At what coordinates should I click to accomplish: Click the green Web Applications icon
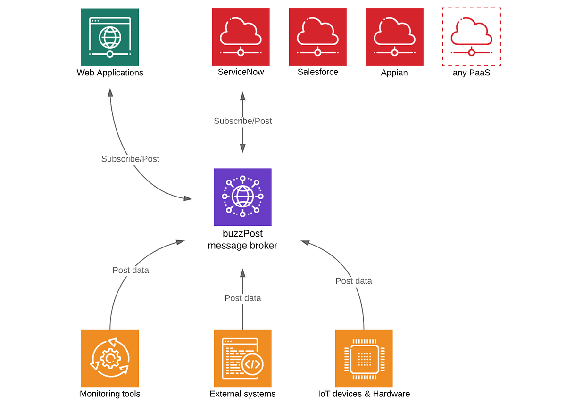point(110,38)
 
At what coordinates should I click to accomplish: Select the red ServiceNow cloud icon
point(241,37)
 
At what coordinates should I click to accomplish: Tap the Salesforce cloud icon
point(317,37)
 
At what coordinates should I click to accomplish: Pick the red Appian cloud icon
point(394,37)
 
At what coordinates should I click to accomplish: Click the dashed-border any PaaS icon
point(471,37)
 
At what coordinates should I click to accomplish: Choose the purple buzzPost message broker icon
point(242,197)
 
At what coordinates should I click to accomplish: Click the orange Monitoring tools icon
point(110,359)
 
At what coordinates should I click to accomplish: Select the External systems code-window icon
point(242,359)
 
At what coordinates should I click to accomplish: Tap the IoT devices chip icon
point(364,359)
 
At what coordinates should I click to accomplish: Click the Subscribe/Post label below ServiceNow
point(242,121)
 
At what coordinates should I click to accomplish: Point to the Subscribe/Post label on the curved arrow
point(130,159)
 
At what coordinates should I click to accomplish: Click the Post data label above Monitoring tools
point(131,270)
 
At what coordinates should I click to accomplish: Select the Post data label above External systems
point(242,298)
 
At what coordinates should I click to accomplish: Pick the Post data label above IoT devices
point(354,281)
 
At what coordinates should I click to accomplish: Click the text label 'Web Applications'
point(110,73)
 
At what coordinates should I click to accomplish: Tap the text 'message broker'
point(242,246)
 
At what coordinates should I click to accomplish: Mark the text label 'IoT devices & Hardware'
point(364,394)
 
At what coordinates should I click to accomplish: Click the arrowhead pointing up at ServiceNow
point(242,96)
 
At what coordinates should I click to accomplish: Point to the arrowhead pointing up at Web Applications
point(110,92)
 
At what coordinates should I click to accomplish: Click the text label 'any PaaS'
point(471,73)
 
